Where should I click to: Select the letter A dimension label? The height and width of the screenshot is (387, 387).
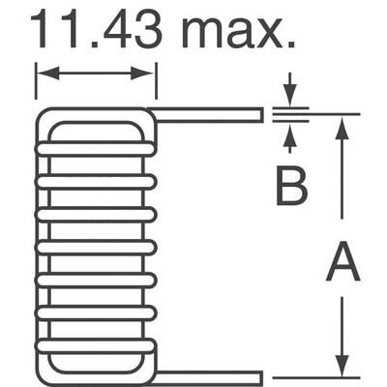coord(342,263)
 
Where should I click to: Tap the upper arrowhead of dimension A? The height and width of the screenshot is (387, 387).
coord(342,125)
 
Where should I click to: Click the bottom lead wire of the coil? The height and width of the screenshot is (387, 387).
coord(208,377)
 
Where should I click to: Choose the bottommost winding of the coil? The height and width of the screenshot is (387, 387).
coord(95,345)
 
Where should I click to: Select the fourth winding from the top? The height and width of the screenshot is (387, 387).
coord(95,247)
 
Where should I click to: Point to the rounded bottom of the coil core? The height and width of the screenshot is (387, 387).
coord(95,372)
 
